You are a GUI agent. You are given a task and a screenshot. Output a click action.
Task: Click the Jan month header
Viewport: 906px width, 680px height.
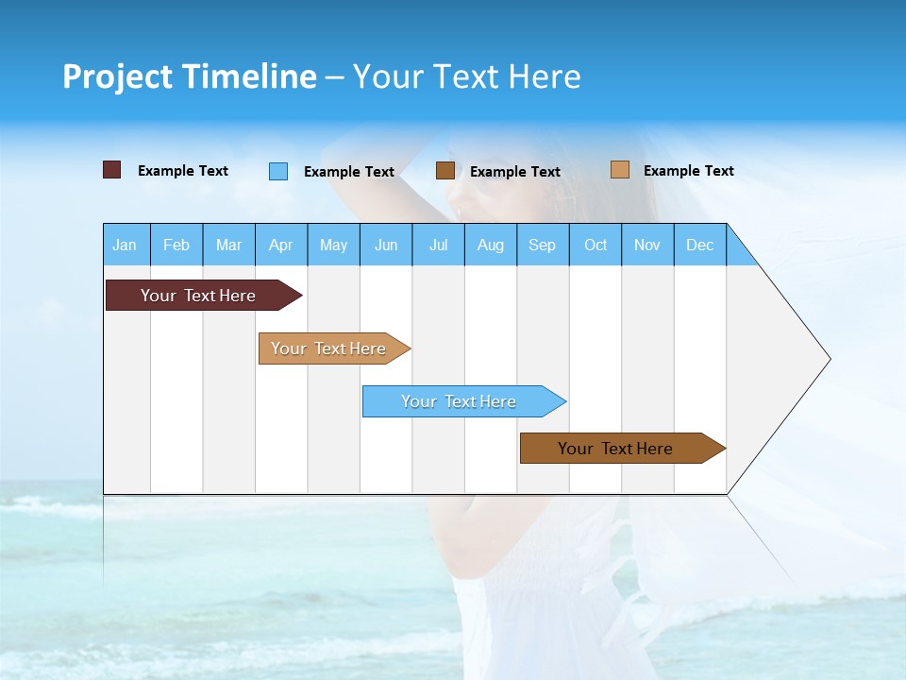126,246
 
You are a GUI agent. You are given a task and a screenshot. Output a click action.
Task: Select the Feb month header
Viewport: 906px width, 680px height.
176,246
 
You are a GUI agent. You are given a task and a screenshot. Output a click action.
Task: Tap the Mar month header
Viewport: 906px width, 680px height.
228,246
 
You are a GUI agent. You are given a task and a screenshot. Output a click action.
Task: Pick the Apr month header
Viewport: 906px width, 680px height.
281,246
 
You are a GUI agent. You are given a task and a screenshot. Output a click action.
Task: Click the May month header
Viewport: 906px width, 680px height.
333,246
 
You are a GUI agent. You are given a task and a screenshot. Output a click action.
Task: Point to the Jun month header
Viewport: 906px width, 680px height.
386,246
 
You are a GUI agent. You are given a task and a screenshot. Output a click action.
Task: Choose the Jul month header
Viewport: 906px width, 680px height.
438,246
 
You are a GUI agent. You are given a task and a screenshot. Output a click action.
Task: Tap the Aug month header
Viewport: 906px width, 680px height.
491,246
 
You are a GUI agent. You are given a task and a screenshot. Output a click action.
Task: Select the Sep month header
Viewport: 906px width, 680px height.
543,246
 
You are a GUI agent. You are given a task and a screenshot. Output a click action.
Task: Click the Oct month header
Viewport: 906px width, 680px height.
596,246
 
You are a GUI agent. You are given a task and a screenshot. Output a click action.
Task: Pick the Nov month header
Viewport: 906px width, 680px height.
647,246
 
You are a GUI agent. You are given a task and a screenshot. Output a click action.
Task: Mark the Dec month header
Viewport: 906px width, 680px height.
700,246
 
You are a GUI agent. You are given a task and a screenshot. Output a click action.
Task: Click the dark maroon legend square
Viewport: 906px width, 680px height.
112,170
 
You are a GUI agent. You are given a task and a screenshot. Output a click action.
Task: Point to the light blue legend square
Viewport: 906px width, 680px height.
278,171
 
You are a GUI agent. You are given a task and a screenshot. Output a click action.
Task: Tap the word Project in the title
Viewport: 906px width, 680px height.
118,76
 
